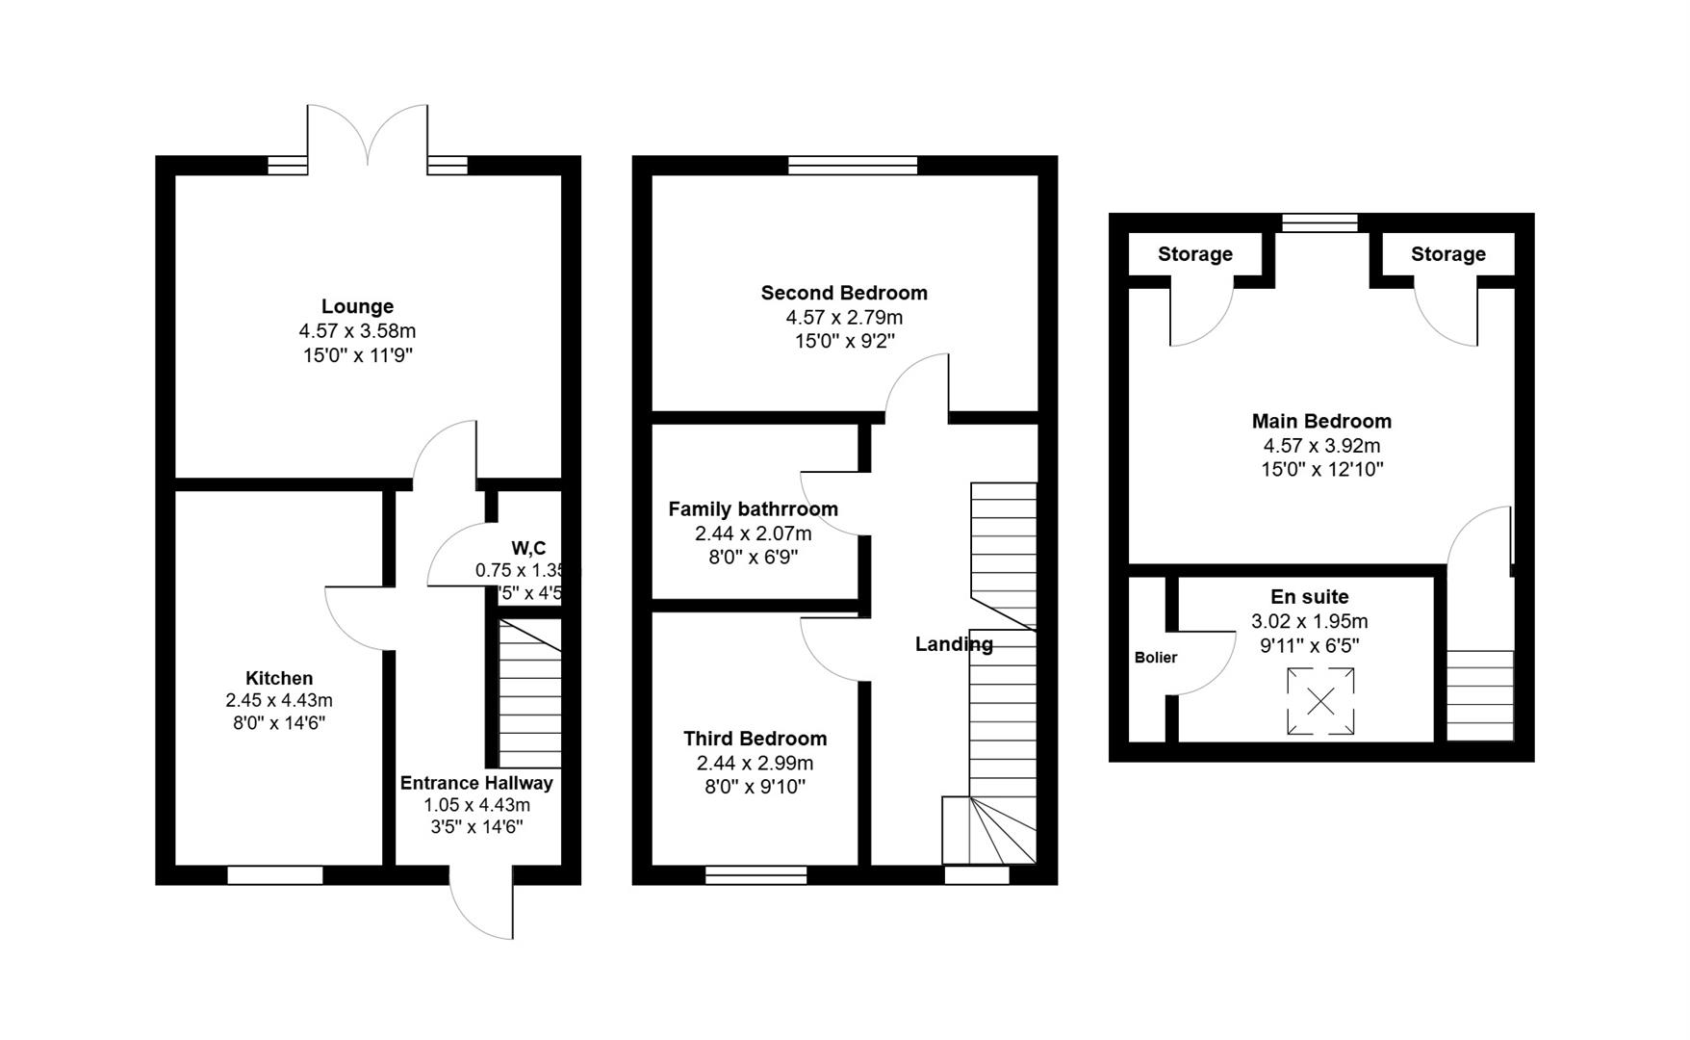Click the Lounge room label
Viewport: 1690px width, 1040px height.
point(357,306)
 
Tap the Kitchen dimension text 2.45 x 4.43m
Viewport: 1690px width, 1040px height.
point(279,700)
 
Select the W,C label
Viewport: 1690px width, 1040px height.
point(528,548)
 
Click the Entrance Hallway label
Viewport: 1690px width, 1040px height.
point(476,783)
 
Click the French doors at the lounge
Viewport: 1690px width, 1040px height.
point(368,140)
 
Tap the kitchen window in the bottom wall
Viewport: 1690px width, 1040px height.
point(275,874)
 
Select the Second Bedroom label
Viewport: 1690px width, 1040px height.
point(844,293)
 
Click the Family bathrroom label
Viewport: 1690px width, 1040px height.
point(753,508)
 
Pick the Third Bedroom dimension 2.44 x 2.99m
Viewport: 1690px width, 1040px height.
point(755,763)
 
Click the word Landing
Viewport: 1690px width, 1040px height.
point(954,644)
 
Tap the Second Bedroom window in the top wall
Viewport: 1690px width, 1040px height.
point(853,165)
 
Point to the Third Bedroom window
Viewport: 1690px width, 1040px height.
point(755,874)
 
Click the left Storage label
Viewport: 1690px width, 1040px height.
point(1194,254)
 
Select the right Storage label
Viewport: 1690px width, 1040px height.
point(1447,254)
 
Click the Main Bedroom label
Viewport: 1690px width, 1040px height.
point(1321,421)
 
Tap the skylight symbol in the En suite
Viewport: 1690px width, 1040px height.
point(1320,701)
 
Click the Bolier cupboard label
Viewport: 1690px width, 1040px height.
point(1155,658)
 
